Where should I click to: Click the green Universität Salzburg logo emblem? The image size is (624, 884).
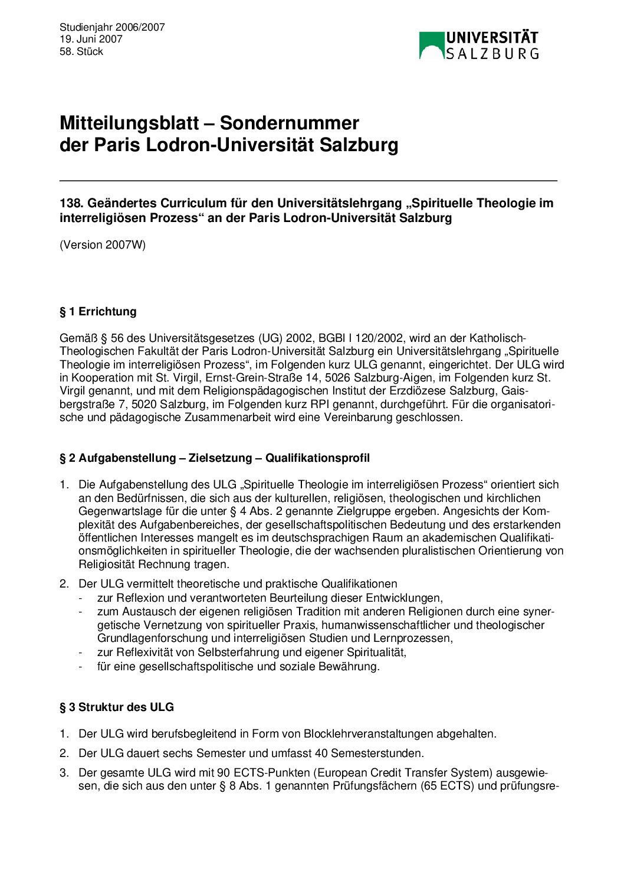click(x=431, y=45)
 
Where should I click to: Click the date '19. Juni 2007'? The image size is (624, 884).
click(x=91, y=39)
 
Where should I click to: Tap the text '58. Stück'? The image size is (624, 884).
click(x=81, y=51)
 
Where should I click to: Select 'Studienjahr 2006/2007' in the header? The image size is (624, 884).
click(x=112, y=27)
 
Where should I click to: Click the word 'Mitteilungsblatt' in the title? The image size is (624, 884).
click(x=129, y=123)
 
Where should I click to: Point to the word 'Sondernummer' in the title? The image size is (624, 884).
click(x=289, y=123)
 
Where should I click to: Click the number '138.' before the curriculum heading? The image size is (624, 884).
click(x=71, y=203)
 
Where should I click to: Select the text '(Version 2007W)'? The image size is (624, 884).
click(x=103, y=244)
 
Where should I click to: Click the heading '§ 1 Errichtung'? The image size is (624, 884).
click(x=98, y=311)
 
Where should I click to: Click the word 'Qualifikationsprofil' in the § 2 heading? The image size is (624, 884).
click(x=317, y=458)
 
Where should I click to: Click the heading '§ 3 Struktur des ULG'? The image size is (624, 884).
click(x=117, y=707)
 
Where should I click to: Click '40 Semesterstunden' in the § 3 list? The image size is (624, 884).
click(x=376, y=753)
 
